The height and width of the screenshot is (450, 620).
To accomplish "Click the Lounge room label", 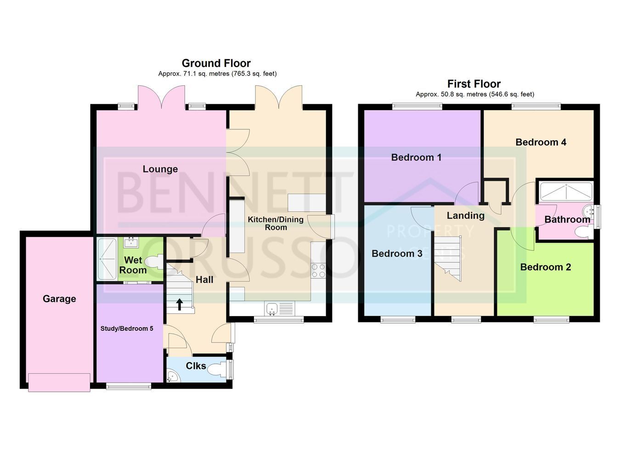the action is click(160, 169).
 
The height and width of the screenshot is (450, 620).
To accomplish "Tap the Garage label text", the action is click(59, 299).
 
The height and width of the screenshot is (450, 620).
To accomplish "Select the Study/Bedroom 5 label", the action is click(127, 328).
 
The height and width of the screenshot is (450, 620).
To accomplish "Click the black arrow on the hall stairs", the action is click(180, 304).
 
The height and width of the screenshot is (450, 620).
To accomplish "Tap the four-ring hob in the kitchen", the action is click(318, 271).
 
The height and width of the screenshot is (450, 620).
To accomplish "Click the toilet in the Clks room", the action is click(217, 369).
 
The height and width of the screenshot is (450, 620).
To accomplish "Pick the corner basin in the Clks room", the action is click(173, 377).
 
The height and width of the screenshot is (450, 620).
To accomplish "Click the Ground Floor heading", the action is click(216, 63).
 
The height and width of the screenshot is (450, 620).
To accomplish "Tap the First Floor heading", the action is click(474, 84).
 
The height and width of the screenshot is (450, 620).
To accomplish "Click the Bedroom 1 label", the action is click(416, 157).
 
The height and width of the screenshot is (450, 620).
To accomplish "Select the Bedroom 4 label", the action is click(541, 142).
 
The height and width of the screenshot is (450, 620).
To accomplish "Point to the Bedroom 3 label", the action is click(397, 254).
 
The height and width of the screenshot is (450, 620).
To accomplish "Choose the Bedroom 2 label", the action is click(546, 267).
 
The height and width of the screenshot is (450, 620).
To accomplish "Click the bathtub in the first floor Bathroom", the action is click(566, 192).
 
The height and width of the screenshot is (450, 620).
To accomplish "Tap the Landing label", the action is click(466, 216).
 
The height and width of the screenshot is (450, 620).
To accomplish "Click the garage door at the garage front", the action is click(59, 383).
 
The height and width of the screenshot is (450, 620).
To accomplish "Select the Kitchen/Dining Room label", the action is click(276, 223).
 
